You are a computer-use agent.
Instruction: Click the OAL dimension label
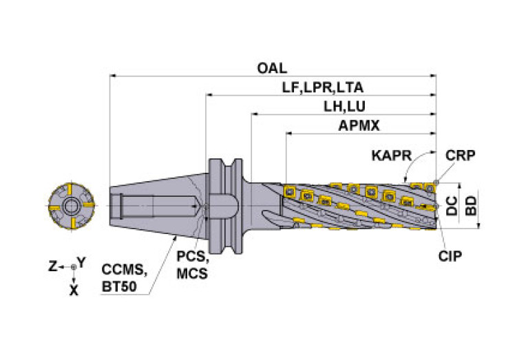tap(272, 68)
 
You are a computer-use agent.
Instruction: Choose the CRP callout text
tap(461, 155)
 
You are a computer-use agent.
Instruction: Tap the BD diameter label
tap(472, 204)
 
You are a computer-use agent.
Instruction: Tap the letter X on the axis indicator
tap(74, 290)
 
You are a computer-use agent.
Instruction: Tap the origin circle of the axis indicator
tap(73, 266)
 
